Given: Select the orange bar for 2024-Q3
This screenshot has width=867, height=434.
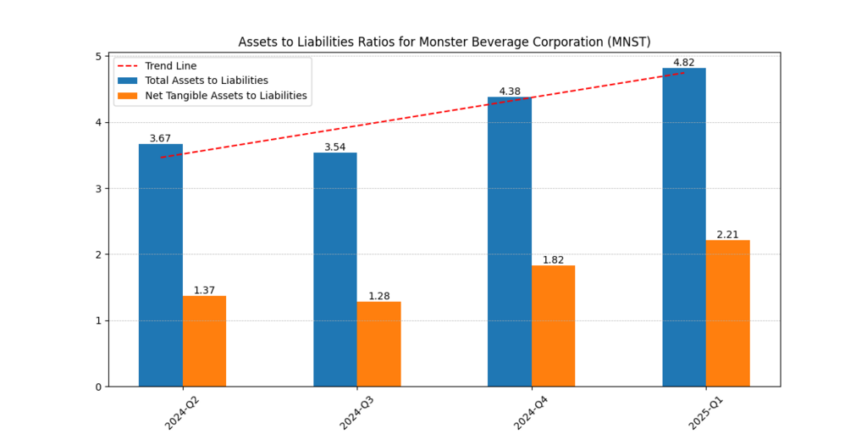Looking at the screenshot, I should tap(378, 344).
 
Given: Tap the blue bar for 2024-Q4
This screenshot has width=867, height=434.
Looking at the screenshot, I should tap(510, 242).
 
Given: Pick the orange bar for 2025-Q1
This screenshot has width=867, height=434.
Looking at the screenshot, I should tap(727, 314).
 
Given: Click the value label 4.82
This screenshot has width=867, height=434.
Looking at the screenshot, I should tap(684, 63).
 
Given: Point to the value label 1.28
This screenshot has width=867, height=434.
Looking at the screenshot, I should tap(378, 296).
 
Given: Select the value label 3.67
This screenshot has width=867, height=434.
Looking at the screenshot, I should tap(161, 138).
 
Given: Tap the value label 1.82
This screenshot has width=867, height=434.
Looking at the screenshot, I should tap(553, 260).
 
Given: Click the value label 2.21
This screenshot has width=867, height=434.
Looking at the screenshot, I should tap(727, 235).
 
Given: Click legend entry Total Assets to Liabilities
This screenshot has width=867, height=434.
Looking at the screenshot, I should tap(207, 81).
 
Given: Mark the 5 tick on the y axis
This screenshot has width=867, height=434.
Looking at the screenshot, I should tap(98, 57).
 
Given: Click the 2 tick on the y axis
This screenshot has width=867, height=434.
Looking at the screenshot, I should tap(98, 255).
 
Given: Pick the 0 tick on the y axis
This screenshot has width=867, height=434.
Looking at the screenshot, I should tap(98, 387).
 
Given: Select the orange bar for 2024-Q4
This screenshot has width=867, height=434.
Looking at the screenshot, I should tap(553, 326).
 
